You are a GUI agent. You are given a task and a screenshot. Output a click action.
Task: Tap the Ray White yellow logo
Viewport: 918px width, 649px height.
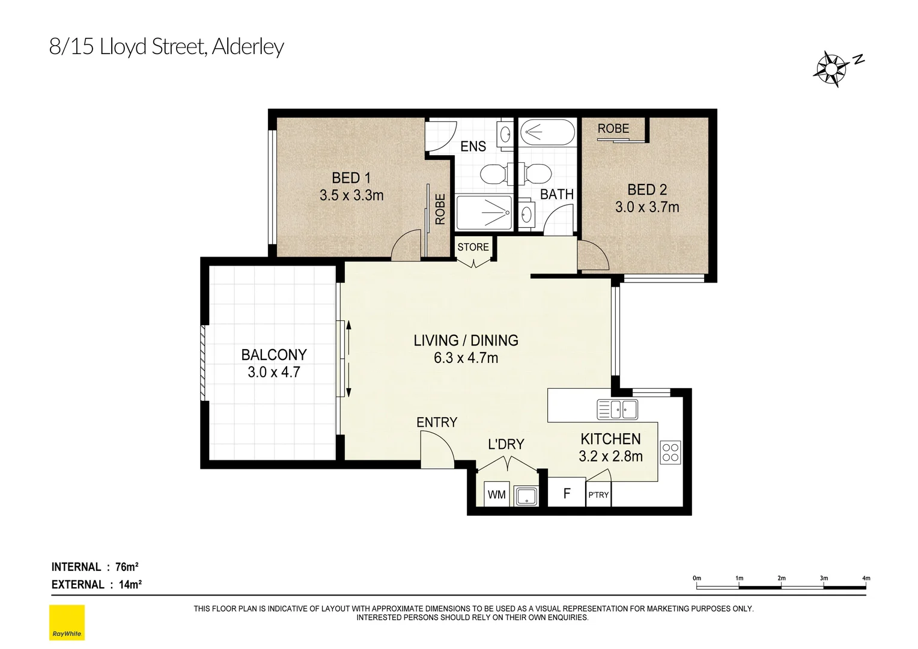(x=67, y=623)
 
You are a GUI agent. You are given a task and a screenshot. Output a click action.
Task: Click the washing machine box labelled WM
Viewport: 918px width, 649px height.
(x=496, y=495)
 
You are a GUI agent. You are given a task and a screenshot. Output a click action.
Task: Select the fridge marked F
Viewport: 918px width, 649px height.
(x=566, y=494)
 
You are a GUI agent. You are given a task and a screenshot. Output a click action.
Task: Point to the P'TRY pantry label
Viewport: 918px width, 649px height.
(x=598, y=495)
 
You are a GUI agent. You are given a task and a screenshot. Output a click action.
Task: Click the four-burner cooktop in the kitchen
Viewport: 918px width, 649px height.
(x=670, y=452)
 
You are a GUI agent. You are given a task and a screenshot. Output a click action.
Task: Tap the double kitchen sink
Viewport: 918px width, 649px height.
(x=617, y=409)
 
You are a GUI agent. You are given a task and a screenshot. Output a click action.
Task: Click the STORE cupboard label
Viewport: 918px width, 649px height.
(x=473, y=247)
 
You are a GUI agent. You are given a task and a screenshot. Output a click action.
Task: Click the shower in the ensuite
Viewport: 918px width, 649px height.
(x=484, y=213)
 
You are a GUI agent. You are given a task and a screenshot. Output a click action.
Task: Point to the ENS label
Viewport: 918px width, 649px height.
(x=473, y=146)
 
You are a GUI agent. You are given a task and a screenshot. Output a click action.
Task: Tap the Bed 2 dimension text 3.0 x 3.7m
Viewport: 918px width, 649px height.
(x=647, y=207)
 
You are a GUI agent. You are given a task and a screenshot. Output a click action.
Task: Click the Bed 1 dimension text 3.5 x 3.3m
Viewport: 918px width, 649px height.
(x=351, y=195)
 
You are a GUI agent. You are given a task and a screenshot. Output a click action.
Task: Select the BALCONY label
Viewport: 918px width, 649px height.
(x=274, y=355)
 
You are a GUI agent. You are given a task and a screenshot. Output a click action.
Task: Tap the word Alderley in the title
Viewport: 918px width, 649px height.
(x=248, y=47)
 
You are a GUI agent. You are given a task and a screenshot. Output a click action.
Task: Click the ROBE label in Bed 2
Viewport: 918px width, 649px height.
(x=613, y=129)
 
